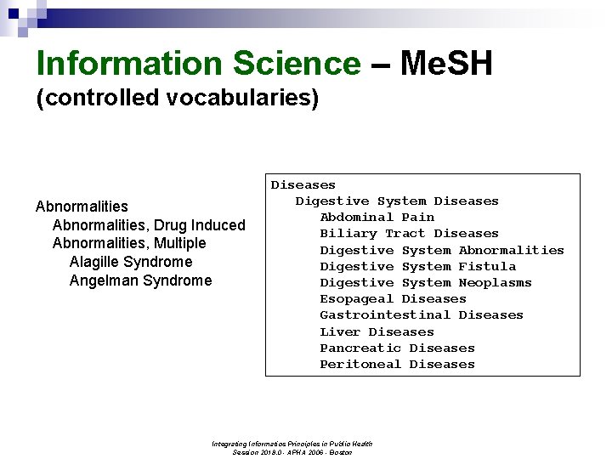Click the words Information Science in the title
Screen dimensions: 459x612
[x=198, y=64]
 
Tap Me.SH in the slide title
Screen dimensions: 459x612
[x=445, y=64]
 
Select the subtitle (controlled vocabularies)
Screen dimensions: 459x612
[x=177, y=98]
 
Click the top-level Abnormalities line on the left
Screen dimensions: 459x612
[x=82, y=207]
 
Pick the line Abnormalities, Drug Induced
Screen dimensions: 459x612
[x=149, y=225]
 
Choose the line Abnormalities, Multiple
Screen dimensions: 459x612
[x=129, y=243]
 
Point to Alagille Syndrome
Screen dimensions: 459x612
[x=131, y=262]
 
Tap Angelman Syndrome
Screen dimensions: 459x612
[x=140, y=280]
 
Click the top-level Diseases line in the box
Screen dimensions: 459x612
[x=303, y=184]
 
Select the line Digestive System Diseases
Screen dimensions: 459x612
[x=397, y=201]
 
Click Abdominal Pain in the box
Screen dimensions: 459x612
[x=377, y=218]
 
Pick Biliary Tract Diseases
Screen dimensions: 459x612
[x=409, y=234]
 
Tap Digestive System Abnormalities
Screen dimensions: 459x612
[x=441, y=250]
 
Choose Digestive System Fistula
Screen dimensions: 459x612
[x=417, y=266]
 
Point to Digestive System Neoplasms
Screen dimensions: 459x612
[x=425, y=282]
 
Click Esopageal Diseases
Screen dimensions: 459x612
[x=393, y=299]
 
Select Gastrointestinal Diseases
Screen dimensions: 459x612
[x=421, y=315]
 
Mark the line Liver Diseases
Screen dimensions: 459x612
[x=377, y=331]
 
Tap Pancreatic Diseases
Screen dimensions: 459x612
[x=397, y=348]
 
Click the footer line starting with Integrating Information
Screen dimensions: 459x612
[x=292, y=444]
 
